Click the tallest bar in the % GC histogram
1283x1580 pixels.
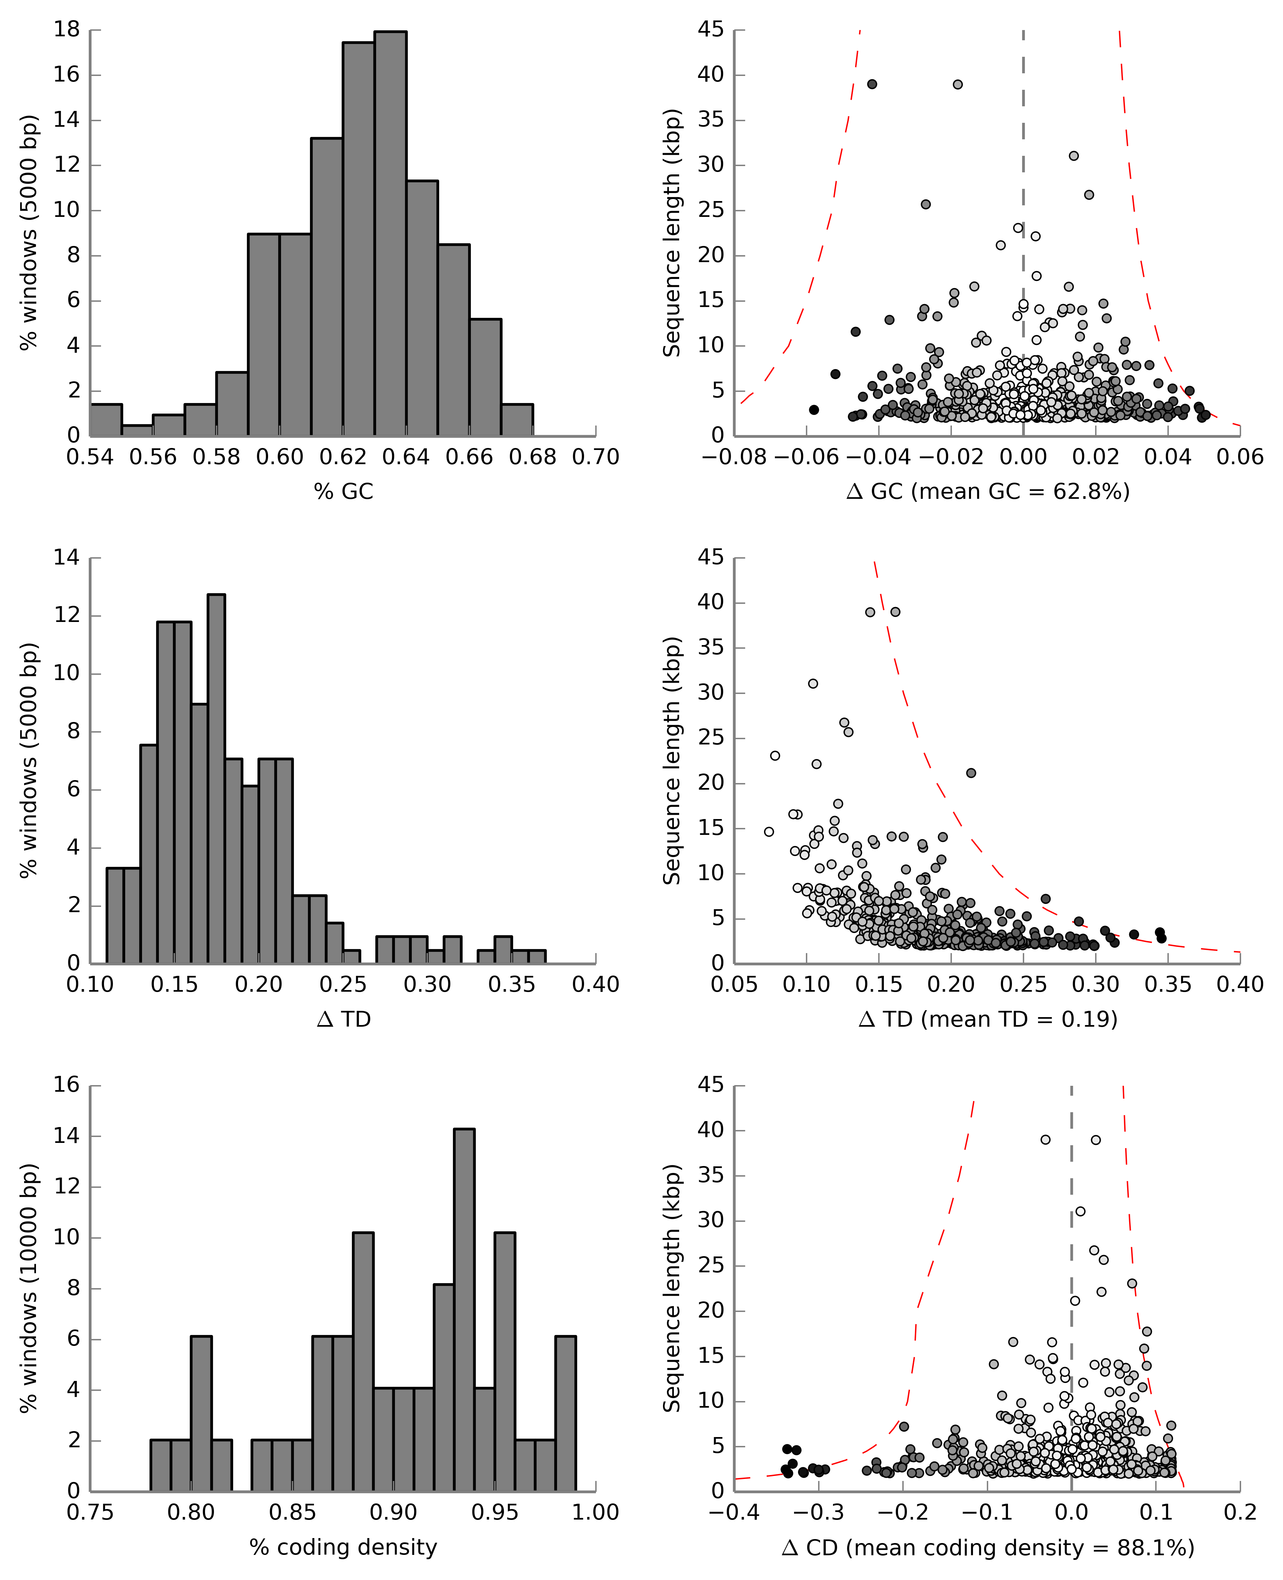[390, 233]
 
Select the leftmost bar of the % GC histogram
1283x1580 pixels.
[106, 420]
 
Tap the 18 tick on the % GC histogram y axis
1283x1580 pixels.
[66, 30]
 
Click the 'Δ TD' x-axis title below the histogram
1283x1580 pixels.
[344, 1019]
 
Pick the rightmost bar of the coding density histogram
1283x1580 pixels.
[565, 1414]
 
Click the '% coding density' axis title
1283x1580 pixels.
[344, 1547]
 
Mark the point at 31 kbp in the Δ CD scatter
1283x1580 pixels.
[1081, 1211]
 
